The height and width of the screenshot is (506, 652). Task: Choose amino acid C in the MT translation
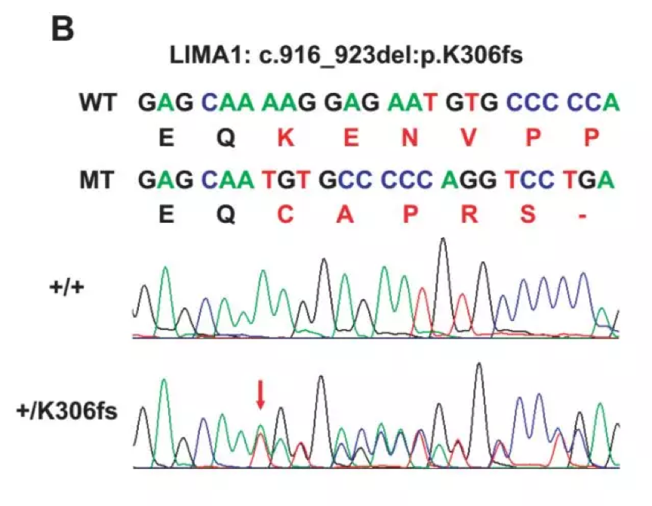[x=284, y=215]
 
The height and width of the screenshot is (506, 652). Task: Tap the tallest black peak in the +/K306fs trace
[x=478, y=367]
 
